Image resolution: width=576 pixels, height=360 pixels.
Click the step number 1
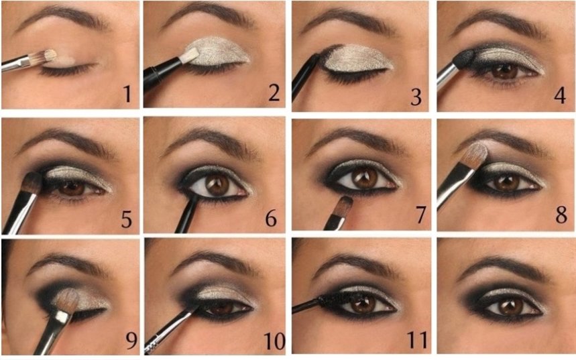tap(127, 94)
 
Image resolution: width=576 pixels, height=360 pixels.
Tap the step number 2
tap(274, 93)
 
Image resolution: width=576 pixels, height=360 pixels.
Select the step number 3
tap(416, 97)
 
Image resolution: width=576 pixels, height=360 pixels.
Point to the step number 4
tap(559, 95)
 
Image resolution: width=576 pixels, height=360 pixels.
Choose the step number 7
tap(420, 215)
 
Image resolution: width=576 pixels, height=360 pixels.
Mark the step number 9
tap(131, 341)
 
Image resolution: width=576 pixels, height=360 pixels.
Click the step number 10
tap(274, 341)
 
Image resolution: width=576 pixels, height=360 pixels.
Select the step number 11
tap(417, 340)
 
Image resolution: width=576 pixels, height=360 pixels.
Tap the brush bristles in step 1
tap(44, 56)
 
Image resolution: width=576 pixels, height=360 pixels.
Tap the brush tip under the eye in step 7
tap(345, 205)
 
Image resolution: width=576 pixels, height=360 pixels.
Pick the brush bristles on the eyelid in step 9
tap(66, 300)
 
